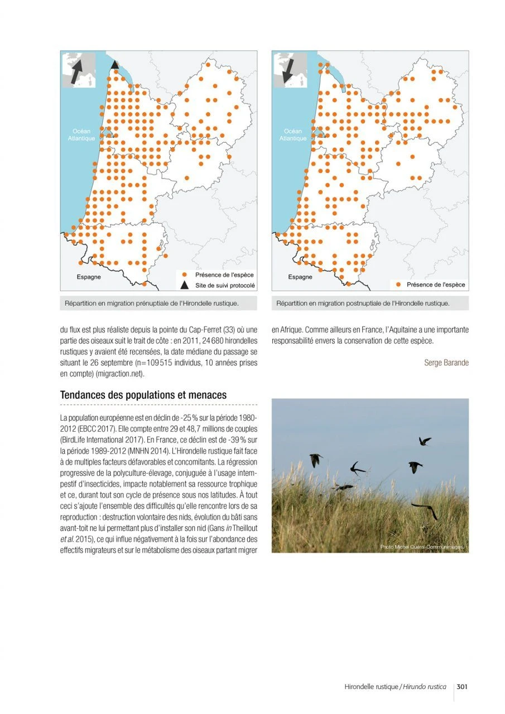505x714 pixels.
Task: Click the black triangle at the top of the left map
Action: tap(114, 65)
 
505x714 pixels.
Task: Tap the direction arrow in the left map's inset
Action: tap(76, 71)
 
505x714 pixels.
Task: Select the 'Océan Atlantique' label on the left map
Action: tap(78, 134)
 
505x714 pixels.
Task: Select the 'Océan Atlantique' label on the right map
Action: tap(290, 134)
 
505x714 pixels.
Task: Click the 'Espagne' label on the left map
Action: tap(89, 277)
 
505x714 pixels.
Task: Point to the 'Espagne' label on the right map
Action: tap(300, 277)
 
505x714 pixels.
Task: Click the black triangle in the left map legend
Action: tap(184, 286)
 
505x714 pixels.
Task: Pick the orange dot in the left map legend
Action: tap(184, 275)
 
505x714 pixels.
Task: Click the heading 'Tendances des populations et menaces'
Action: tap(143, 395)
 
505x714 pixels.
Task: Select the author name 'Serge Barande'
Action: tap(446, 363)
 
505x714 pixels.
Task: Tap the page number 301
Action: tap(461, 687)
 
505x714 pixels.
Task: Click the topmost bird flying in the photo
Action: tap(425, 441)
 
